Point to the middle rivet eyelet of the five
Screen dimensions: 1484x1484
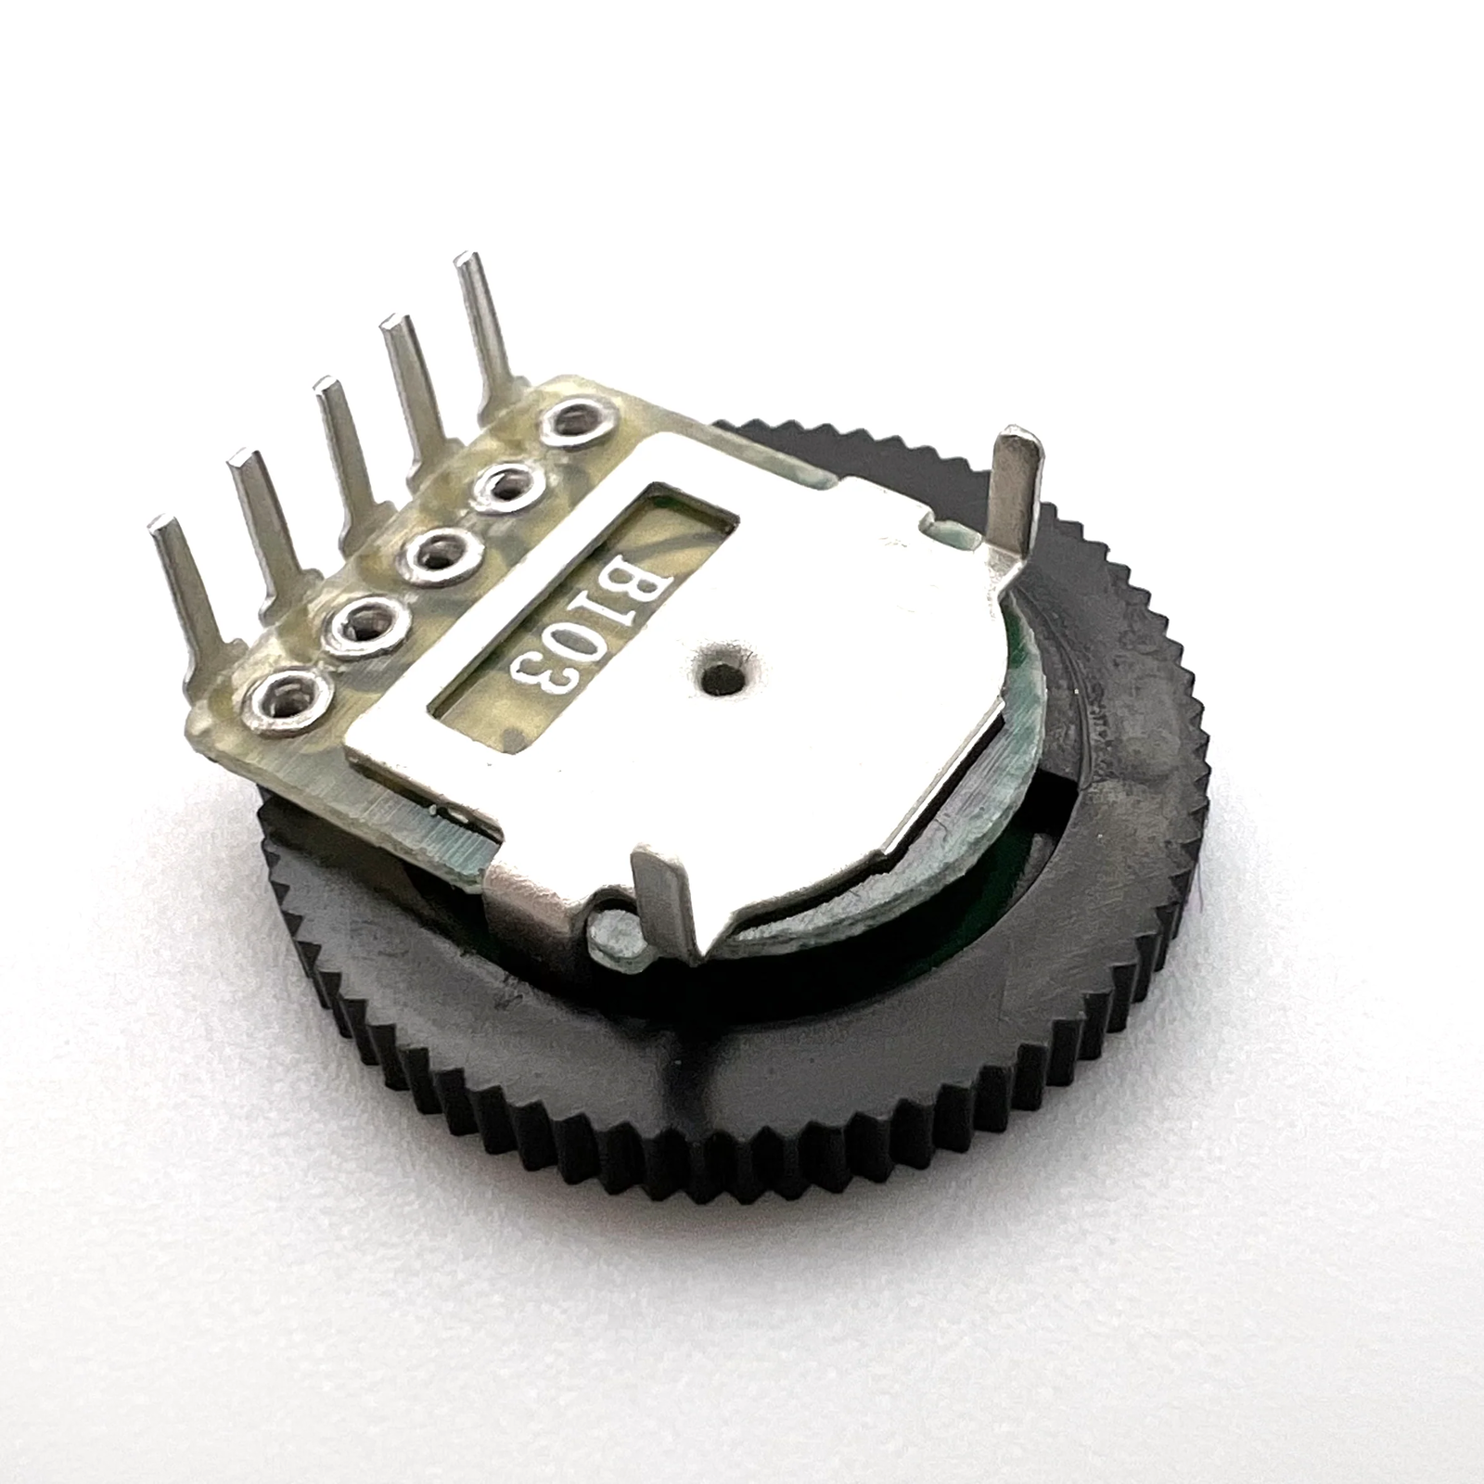(x=437, y=555)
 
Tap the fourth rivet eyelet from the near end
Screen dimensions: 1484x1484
(x=505, y=483)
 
